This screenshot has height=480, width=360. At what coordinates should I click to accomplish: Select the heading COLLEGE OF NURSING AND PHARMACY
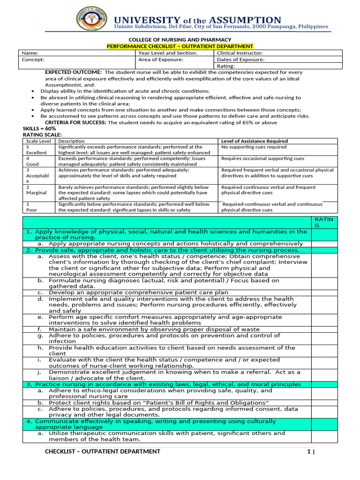(180, 40)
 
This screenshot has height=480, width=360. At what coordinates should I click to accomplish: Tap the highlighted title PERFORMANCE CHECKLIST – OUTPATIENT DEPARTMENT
(180, 46)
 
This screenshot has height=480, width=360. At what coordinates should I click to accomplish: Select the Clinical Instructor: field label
(240, 53)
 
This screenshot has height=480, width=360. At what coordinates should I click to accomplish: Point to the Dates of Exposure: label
(240, 60)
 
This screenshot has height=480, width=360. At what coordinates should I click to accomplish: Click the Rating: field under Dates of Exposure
(225, 66)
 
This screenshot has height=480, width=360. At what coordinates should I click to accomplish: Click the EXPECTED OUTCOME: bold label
(73, 73)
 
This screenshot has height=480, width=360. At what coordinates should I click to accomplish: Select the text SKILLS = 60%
(39, 128)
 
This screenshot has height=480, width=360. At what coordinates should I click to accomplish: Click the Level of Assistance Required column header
(255, 141)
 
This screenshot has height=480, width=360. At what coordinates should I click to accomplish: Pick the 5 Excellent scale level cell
(37, 150)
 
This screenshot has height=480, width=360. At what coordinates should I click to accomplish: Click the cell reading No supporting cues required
(254, 147)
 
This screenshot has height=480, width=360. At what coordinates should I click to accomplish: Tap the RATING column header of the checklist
(324, 222)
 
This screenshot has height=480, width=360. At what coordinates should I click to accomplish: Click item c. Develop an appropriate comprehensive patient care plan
(138, 292)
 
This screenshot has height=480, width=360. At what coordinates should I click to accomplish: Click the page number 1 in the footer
(308, 451)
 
